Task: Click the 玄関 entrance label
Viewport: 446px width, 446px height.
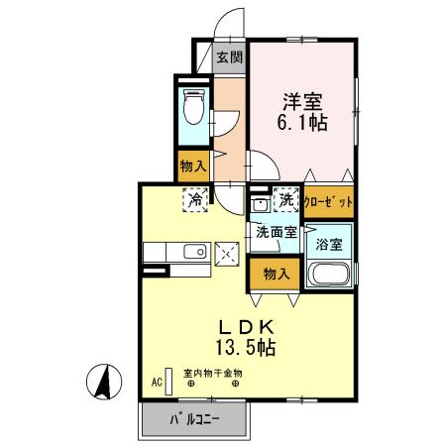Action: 229,56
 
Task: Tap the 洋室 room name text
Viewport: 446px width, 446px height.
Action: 302,101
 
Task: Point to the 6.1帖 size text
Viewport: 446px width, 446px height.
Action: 302,124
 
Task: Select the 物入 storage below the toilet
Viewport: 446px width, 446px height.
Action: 192,166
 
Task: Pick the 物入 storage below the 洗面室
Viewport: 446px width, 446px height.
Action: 277,271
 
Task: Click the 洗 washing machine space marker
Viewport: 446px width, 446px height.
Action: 286,200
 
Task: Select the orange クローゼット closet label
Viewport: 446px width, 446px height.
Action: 328,201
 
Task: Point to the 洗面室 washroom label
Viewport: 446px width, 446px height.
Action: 277,233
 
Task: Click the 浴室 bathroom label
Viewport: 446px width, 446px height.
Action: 329,241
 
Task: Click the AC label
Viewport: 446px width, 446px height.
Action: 157,380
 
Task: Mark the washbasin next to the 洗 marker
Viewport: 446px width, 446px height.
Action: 260,204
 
